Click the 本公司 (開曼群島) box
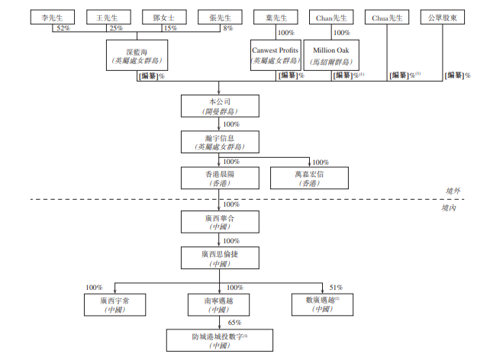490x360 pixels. click(x=219, y=105)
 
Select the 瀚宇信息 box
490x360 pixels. click(x=219, y=142)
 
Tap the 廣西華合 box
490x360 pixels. click(x=219, y=222)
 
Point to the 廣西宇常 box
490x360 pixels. click(x=114, y=305)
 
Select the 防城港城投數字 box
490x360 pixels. click(x=219, y=341)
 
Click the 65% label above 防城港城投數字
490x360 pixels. click(x=233, y=323)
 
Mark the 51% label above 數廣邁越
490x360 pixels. click(x=336, y=287)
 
